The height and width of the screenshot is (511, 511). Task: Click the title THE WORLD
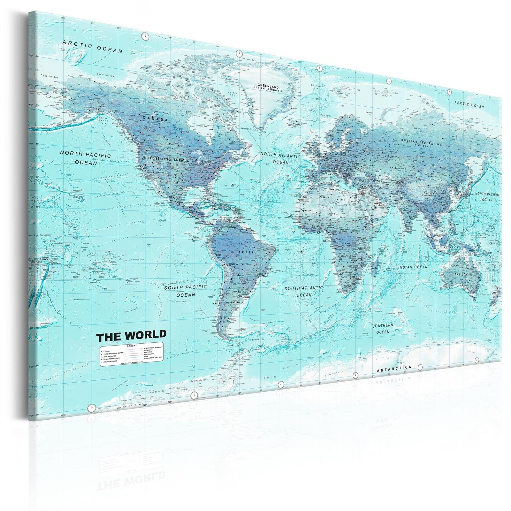pyautogui.click(x=131, y=335)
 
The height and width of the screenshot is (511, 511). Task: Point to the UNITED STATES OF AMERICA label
pyautogui.click(x=165, y=159)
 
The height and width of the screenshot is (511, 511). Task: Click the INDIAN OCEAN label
pyautogui.click(x=413, y=267)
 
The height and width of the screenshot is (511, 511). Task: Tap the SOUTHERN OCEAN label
pyautogui.click(x=383, y=329)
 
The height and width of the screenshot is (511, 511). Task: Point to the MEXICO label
pyautogui.click(x=174, y=197)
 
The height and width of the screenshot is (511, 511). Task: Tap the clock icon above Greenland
pyautogui.click(x=238, y=53)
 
